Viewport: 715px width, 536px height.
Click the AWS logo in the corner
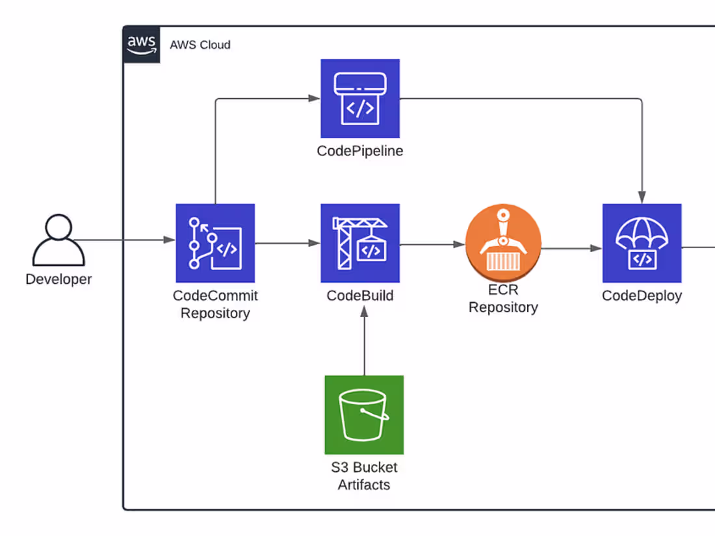tap(142, 45)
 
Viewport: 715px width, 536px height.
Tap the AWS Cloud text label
tap(200, 45)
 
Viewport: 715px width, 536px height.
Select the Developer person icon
tap(58, 240)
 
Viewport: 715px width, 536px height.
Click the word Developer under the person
tap(58, 279)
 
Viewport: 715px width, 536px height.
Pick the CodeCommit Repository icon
tap(215, 243)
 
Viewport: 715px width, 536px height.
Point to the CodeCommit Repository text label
tap(215, 304)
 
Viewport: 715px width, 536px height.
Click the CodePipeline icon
tap(360, 99)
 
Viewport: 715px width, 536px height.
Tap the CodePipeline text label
tap(360, 151)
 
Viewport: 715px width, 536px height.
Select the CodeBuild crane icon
tap(360, 243)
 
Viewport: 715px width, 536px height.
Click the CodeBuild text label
tap(360, 296)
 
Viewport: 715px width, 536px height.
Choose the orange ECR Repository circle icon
tap(503, 244)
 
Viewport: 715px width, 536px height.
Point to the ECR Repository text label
tap(503, 299)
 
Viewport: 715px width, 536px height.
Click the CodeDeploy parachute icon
tap(642, 243)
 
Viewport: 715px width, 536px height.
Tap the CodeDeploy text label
tap(642, 296)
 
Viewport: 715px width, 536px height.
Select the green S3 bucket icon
tap(364, 415)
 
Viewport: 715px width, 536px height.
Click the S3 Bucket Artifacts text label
tap(364, 476)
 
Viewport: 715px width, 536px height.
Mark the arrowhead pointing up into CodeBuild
tap(364, 311)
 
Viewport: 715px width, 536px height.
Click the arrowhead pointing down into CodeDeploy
tap(642, 197)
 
